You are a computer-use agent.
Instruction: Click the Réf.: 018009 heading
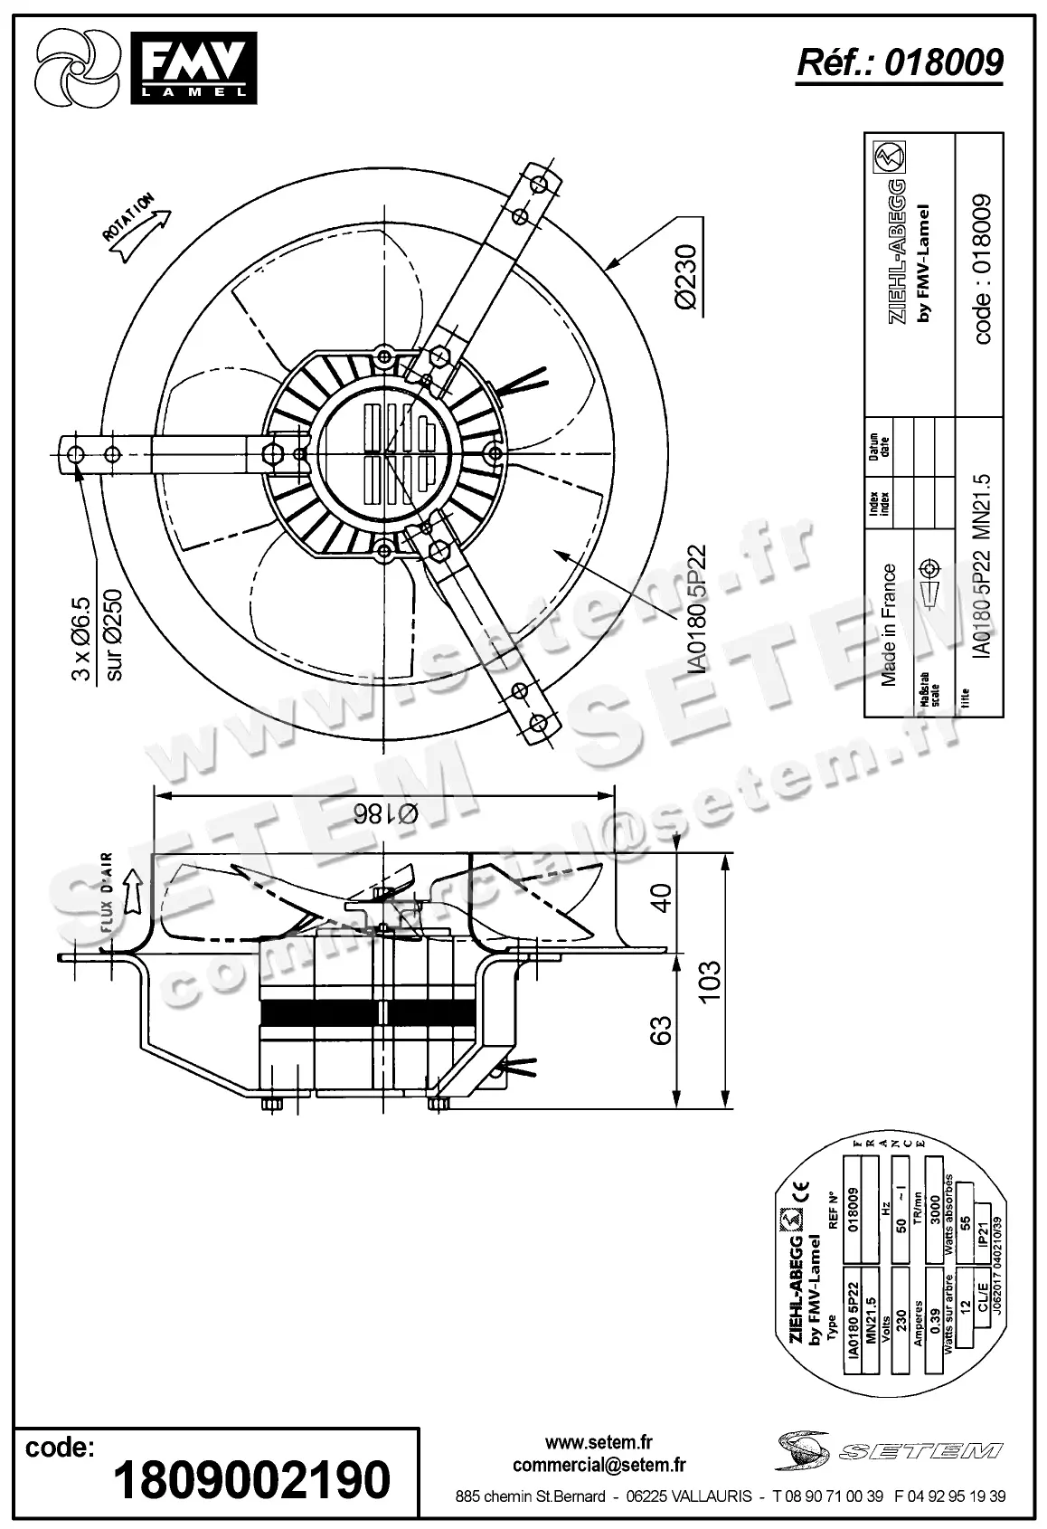coord(899,62)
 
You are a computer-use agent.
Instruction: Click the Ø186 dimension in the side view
coord(385,812)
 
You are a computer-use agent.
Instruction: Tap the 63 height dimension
coord(663,1030)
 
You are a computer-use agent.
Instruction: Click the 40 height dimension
coord(663,897)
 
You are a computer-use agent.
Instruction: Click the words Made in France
coord(889,624)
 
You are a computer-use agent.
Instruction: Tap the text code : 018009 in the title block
coord(984,269)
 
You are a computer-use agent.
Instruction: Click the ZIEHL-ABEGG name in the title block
coord(901,252)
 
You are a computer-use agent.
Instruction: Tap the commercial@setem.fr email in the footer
coord(599,1465)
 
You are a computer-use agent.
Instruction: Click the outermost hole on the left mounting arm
coord(75,452)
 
